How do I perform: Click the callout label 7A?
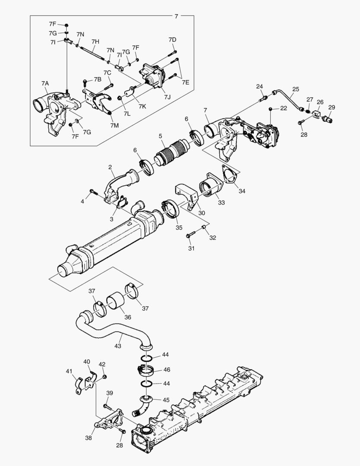[x=45, y=83]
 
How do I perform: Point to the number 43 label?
[x=118, y=346]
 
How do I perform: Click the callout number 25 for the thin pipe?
[x=295, y=90]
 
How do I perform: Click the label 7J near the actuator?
[x=167, y=97]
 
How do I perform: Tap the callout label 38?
[x=88, y=438]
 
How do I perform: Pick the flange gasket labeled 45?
[x=146, y=399]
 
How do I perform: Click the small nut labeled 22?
[x=270, y=108]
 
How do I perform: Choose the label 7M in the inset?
[x=114, y=125]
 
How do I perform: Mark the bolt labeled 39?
[x=107, y=407]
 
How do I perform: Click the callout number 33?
[x=221, y=202]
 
